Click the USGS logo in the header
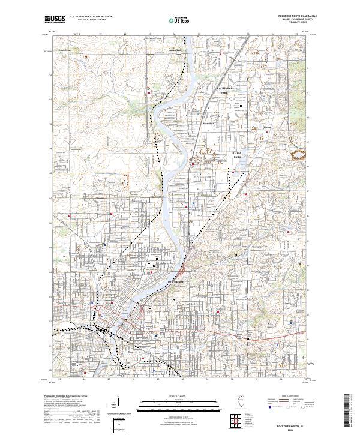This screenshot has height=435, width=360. [55, 20]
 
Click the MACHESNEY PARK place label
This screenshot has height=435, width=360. [224, 91]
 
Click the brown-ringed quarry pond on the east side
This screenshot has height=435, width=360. [297, 156]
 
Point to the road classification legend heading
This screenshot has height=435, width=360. [290, 397]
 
